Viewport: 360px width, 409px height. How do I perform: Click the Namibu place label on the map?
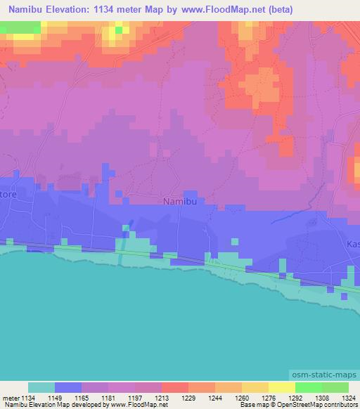click(x=179, y=202)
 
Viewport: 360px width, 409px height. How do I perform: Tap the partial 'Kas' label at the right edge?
click(x=352, y=245)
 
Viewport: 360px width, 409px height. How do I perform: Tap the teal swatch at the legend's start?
click(x=41, y=387)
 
